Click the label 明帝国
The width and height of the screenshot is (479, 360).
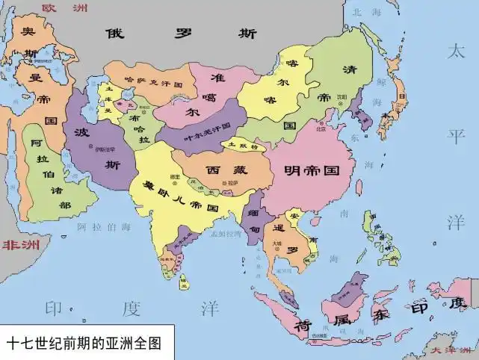click(318, 170)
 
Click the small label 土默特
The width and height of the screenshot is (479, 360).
click(243, 146)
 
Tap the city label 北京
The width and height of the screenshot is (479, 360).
click(320, 128)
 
